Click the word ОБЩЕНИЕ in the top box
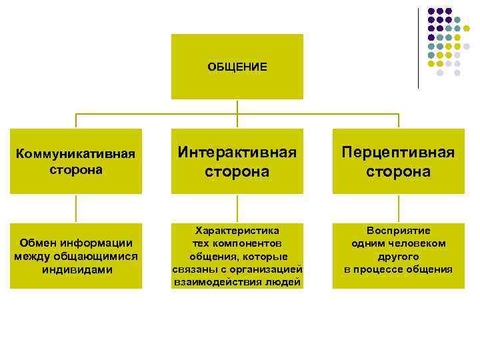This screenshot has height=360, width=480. pos(237,67)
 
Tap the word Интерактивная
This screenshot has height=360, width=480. pos(237,153)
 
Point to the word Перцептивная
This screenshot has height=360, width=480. pos(398,153)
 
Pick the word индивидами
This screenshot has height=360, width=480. pos(75,269)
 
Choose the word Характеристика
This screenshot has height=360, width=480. pos(237,230)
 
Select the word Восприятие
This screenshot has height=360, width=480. pos(398,230)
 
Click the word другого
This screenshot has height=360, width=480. pos(398,256)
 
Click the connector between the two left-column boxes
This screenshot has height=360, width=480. pos(75,209)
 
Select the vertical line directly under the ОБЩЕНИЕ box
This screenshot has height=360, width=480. pos(237,106)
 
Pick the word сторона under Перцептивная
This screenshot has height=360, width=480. pos(398,171)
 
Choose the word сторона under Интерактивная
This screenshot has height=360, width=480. pos(237,171)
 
